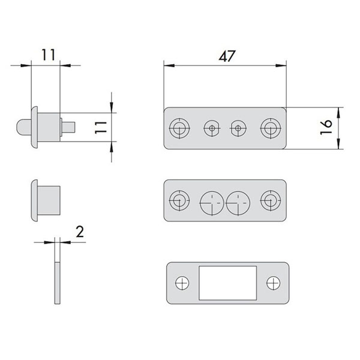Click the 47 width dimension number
[x=227, y=56]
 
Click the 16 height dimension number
[x=326, y=127]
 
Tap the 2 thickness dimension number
[x=80, y=232]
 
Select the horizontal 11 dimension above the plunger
[x=48, y=55]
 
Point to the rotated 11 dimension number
[x=101, y=128]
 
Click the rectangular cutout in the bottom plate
[x=227, y=283]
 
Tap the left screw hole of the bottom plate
[x=182, y=283]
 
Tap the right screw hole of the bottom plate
[x=273, y=283]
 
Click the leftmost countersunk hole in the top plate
[x=179, y=128]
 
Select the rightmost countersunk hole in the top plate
[x=271, y=128]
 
